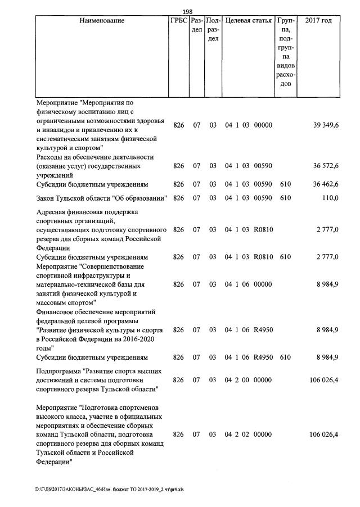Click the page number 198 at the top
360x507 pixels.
tap(187, 12)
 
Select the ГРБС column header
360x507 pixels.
tap(178, 21)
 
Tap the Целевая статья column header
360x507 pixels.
tap(248, 21)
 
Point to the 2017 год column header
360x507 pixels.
tap(318, 21)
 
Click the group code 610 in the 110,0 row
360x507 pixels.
tap(285, 198)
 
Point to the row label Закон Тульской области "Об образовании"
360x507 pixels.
tap(101, 198)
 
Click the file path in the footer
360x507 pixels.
tap(110, 489)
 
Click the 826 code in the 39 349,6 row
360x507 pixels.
tap(178, 125)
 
